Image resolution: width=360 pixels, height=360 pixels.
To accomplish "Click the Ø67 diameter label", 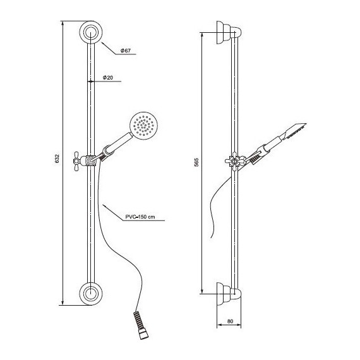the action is [x=126, y=51].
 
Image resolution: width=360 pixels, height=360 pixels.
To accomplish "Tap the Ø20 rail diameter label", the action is [x=107, y=78].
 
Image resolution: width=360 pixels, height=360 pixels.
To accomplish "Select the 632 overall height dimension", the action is [x=57, y=159].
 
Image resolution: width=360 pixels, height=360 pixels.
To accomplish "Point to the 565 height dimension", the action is [x=197, y=162].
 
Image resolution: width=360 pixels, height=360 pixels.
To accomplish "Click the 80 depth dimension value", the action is [x=230, y=321].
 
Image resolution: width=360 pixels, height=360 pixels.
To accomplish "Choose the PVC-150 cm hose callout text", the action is [x=140, y=217].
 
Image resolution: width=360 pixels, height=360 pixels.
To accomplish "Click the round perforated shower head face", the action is [x=144, y=126].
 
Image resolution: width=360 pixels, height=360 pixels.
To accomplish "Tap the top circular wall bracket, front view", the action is [x=91, y=32].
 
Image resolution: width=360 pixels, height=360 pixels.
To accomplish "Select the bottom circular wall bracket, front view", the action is [x=91, y=294].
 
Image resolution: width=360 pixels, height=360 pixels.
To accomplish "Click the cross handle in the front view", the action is [x=77, y=161].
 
